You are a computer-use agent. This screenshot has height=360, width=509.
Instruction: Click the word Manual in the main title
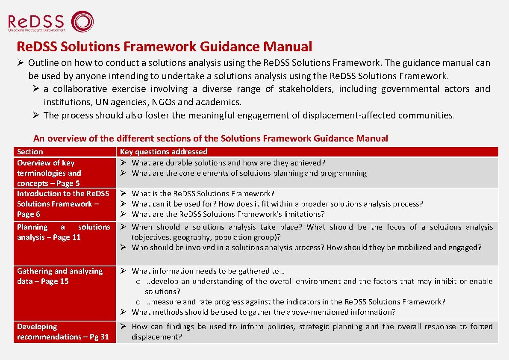(x=288, y=46)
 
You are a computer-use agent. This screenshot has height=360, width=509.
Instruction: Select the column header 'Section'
(x=30, y=152)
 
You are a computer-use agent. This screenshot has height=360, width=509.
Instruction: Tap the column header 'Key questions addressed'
(x=164, y=152)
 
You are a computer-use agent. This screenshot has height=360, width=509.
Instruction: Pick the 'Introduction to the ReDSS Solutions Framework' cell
(x=63, y=204)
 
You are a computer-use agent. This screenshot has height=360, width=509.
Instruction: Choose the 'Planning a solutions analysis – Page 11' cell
(x=63, y=232)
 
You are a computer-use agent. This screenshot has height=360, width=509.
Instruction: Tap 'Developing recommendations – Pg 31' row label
(x=63, y=332)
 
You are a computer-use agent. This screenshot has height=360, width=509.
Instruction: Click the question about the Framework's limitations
(x=228, y=214)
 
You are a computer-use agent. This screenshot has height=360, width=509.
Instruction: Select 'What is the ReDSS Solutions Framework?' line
(x=203, y=194)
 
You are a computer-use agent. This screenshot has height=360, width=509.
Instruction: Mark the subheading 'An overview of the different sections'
(x=210, y=139)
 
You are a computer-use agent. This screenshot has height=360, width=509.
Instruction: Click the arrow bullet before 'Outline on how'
(x=21, y=63)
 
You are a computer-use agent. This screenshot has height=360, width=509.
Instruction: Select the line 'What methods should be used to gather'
(x=264, y=312)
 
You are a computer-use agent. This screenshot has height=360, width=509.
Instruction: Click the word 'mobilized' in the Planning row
(x=416, y=248)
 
